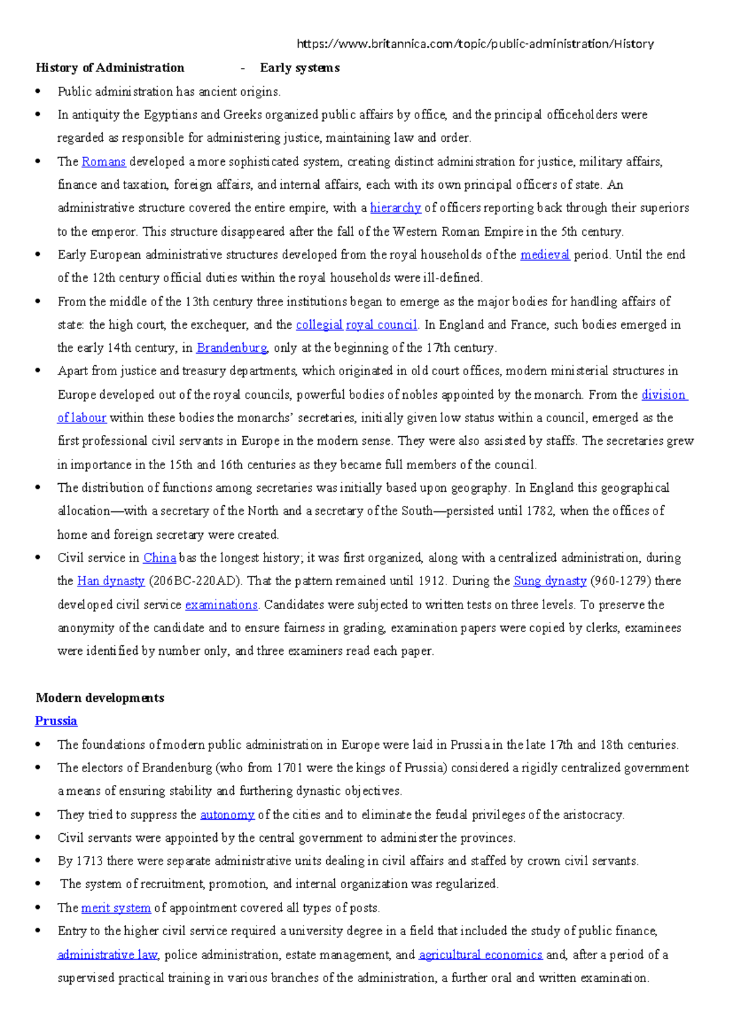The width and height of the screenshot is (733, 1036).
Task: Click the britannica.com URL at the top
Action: coord(475,44)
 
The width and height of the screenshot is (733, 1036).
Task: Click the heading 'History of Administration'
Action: coord(110,68)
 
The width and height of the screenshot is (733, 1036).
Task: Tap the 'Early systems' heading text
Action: coord(299,68)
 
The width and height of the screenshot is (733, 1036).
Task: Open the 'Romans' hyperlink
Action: coord(103,162)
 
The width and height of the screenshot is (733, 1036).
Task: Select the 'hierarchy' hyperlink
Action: coord(395,208)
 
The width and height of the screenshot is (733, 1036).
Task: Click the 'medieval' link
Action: coord(545,255)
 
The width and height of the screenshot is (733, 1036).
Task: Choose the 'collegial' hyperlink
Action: coord(319,325)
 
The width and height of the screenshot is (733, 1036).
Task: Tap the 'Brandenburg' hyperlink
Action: coord(232,348)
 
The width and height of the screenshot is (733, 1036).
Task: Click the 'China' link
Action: coord(159,558)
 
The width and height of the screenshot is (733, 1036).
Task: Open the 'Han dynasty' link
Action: coord(111,581)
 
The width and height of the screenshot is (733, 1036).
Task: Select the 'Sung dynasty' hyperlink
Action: coord(550,581)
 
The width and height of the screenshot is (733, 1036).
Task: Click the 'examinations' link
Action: coord(221,605)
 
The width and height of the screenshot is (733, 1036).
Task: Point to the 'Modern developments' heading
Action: coord(100,698)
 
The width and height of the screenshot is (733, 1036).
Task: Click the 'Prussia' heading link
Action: coord(56,721)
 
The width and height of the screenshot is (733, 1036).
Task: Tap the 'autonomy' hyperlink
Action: coord(227,815)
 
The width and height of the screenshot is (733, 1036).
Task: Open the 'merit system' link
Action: coord(115,908)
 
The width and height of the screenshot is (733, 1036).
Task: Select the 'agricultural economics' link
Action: coord(480,955)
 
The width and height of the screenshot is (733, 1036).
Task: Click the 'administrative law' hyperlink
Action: coord(108,955)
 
